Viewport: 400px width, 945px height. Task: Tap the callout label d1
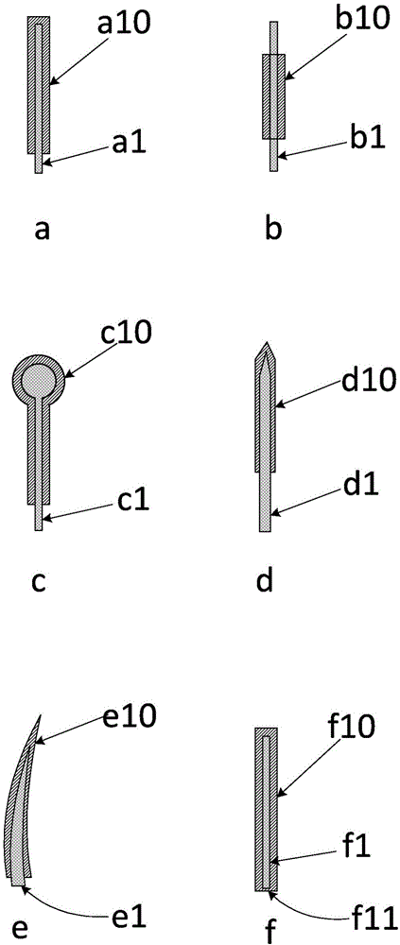click(351, 484)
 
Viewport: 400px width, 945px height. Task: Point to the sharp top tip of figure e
click(39, 714)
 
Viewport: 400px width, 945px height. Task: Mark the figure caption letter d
click(266, 580)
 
